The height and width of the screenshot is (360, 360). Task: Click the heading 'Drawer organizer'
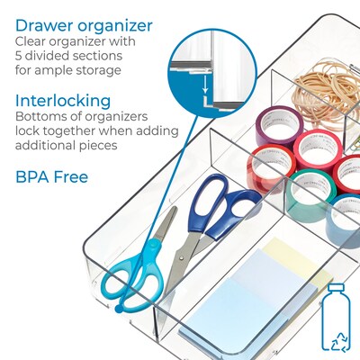[x=84, y=25]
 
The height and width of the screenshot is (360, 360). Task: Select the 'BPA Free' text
[x=50, y=176]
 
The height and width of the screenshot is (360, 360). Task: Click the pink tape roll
[x=315, y=148]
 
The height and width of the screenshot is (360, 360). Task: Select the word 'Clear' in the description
[x=33, y=42]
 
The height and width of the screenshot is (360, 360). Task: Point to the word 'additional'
[x=48, y=146]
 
